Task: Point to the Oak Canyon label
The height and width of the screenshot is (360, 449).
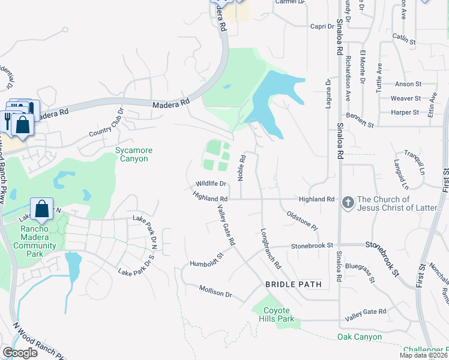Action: pos(360,337)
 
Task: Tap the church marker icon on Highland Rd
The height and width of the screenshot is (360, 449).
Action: pos(348,203)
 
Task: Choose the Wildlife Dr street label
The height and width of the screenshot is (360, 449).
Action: pos(210,184)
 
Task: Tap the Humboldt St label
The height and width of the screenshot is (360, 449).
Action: pos(206,259)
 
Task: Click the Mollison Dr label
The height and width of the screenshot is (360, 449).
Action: pos(215,292)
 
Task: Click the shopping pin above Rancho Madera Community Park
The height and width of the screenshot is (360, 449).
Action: pos(42,209)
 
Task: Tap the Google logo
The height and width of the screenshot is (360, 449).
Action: pos(20,353)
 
